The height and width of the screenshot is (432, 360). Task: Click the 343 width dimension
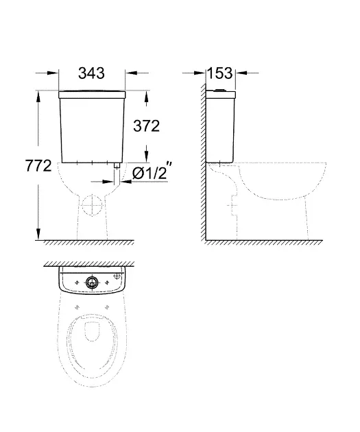(91, 73)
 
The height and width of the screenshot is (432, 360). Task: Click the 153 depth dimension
(220, 73)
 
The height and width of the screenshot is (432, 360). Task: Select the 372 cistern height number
(147, 126)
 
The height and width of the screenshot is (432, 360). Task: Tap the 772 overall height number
(38, 166)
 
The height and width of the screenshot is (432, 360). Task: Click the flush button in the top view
(92, 283)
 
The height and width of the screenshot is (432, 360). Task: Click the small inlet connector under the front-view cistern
(117, 165)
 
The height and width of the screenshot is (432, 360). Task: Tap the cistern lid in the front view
(92, 95)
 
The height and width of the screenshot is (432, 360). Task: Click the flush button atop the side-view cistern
(219, 90)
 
